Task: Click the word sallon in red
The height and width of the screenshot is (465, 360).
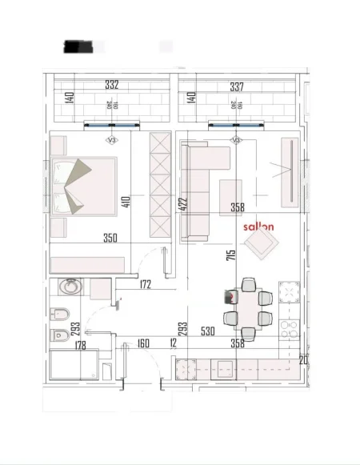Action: (258, 226)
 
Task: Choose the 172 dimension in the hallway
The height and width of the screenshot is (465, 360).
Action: (146, 283)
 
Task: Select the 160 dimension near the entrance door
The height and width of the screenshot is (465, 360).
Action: (143, 344)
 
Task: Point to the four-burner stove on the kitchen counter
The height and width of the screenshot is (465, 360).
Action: (289, 329)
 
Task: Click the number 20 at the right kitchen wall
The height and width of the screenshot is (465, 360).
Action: (303, 359)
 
